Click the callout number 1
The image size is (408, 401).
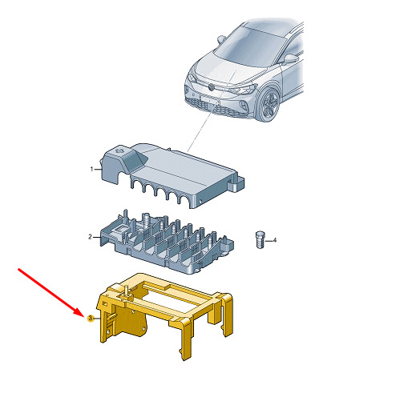point(91,169)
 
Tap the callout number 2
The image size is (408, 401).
point(91,237)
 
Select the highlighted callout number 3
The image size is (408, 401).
point(91,318)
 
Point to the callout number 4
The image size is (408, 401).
point(274,240)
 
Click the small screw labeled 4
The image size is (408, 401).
point(260,239)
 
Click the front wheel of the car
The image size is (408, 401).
point(269,104)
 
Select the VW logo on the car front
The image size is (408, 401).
point(212,87)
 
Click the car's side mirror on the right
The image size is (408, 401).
point(290,58)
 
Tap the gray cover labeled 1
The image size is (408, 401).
point(171,174)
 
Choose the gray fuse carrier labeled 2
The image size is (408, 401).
point(167,243)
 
